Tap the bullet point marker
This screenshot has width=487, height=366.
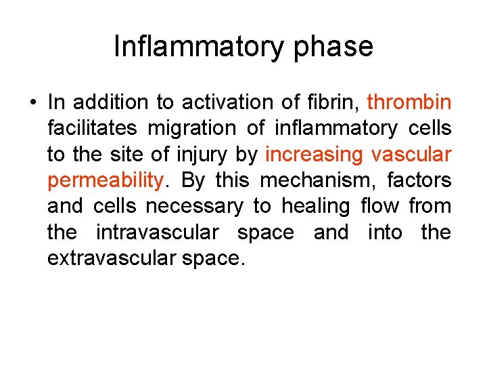coord(32,103)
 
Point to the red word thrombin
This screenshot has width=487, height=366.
coord(409,102)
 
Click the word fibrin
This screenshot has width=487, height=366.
coord(327,102)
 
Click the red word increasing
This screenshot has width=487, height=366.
coord(314,155)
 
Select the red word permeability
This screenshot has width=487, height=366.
coord(106,181)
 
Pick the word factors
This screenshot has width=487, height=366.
coord(419,180)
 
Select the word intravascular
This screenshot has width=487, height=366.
coord(158,232)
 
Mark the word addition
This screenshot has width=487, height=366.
coord(111,102)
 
